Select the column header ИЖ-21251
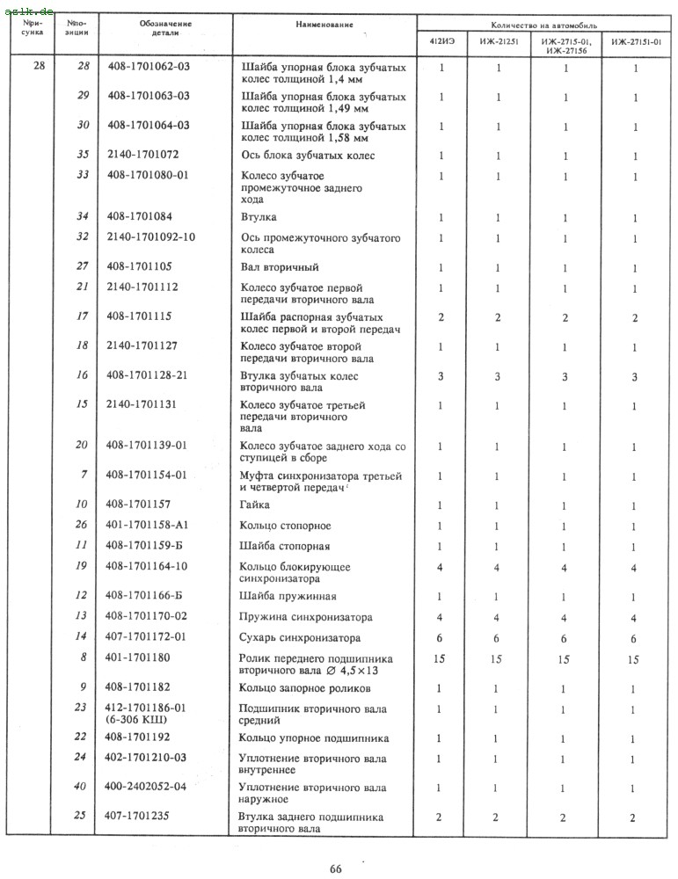[x=497, y=42]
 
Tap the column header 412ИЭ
[x=441, y=42]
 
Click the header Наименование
[x=324, y=25]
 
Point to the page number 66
[x=335, y=869]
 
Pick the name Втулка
[x=259, y=216]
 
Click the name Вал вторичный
[x=279, y=267]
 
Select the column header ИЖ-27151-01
[x=636, y=42]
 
